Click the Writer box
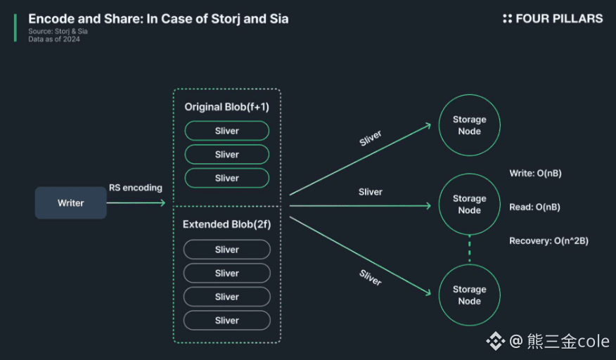coord(70,203)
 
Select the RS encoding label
coord(135,188)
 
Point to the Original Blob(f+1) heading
coord(226,107)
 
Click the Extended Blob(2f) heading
coord(226,225)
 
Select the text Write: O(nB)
coord(534,174)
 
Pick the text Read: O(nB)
coord(534,207)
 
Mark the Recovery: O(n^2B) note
coord(548,240)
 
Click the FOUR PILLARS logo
coord(553,19)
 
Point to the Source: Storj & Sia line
coord(58,32)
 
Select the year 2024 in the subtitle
coord(70,39)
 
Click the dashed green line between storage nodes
coord(469,250)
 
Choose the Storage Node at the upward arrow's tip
coord(469,125)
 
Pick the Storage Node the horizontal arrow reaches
coord(469,205)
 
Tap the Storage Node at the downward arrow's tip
coord(469,295)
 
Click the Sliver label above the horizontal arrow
coord(370,192)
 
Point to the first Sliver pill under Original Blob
coord(226,131)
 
